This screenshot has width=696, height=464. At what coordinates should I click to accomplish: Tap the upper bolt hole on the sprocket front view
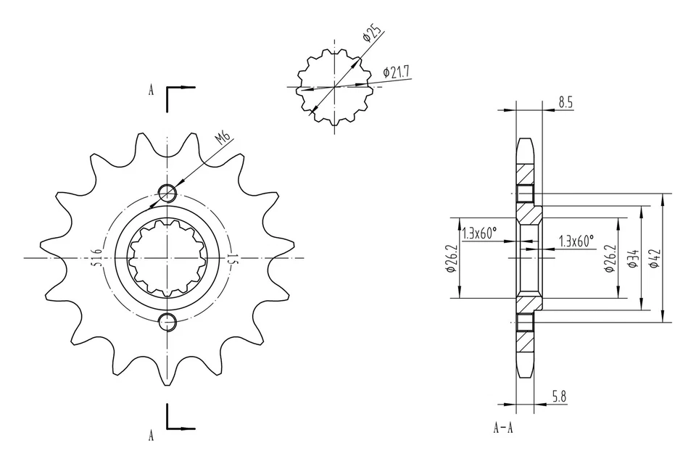coord(167,193)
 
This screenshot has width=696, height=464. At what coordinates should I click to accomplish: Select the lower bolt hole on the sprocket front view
coord(167,321)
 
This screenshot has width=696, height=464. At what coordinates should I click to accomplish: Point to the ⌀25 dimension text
coord(373,36)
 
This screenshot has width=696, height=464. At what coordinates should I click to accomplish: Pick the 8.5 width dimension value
coord(565,103)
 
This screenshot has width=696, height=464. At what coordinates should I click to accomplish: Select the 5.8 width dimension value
coord(560,396)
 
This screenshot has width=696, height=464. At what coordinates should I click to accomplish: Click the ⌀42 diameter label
coord(654,259)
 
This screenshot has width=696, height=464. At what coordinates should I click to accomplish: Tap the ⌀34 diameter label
coord(633,259)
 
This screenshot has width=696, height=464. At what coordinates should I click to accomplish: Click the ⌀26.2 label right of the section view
coord(610,258)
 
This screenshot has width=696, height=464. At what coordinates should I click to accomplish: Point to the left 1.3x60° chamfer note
coord(479,233)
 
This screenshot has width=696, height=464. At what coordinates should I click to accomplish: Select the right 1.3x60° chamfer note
coord(576,239)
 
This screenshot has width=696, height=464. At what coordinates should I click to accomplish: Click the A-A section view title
coord(503,428)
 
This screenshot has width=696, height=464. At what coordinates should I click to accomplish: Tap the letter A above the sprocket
coord(151,91)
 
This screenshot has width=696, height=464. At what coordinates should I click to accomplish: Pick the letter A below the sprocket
coord(151,435)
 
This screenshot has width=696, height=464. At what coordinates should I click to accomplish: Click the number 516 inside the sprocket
coord(96,258)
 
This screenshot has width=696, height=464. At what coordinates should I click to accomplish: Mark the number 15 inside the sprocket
coord(232,258)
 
